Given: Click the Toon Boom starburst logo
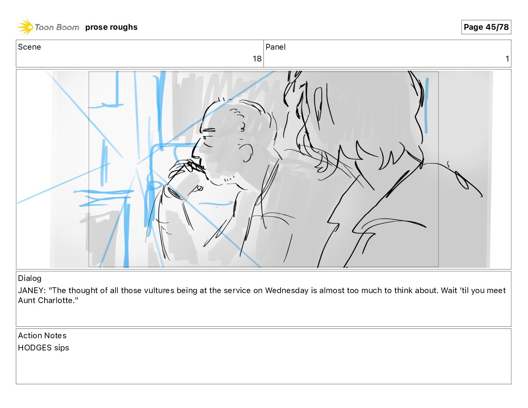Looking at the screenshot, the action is (25, 27).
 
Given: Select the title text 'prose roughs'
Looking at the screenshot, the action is (111, 27).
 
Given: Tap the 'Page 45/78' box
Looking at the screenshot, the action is (486, 27).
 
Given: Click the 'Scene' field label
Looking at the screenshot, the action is (29, 47).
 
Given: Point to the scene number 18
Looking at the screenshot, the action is (257, 59).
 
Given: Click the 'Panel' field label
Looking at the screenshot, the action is (275, 47).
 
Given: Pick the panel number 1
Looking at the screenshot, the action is (507, 59).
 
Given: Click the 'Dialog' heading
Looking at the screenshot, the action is (30, 278).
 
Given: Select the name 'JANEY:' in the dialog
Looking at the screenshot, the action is (32, 290).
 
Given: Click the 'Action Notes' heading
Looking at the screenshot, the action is (42, 336).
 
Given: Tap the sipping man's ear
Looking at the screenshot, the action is (246, 153).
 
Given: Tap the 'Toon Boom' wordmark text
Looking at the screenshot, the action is (57, 27).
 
